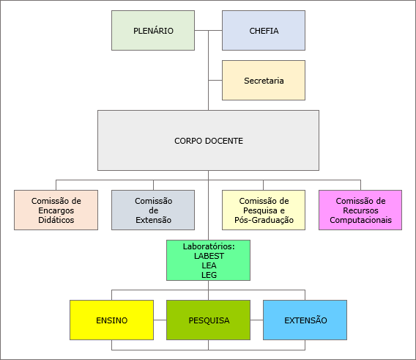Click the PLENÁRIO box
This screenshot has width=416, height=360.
153,31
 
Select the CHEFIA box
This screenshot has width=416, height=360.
264,31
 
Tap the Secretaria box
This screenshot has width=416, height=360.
264,80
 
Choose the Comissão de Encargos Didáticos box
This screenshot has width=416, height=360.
56,210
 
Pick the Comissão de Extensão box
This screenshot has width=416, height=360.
153,210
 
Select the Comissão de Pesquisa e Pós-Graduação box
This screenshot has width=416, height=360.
264,210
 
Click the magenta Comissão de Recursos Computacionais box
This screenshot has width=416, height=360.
360,210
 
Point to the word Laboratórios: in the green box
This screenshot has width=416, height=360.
209,246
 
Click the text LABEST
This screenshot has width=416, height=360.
209,256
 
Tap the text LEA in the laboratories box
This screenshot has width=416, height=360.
209,265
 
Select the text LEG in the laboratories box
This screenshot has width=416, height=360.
209,275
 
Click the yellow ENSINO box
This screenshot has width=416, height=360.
112,320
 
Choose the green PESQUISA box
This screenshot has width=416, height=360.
208,320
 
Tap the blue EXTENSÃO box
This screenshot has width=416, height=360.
305,320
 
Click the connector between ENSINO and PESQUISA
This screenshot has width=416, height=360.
160,320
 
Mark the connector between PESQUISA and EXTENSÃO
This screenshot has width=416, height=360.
256,320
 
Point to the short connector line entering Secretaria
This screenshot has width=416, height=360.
215,80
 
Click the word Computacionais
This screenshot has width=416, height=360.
360,220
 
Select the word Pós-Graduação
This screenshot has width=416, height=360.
264,220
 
